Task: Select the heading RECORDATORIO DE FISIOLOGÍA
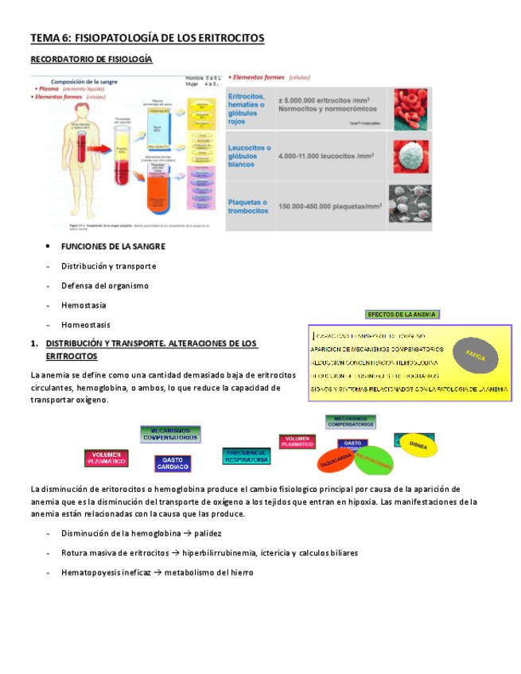[x=91, y=60]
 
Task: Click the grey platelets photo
[x=410, y=203]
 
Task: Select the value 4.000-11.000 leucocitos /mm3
[x=326, y=157]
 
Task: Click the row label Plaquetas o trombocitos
[x=247, y=206]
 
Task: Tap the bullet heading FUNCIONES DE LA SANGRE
[x=113, y=246]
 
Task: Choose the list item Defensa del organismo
[x=105, y=285]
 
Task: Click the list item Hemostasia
[x=84, y=305]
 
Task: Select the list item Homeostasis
[x=86, y=324]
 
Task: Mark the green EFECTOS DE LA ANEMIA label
[x=402, y=314]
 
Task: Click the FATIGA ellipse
[x=476, y=353]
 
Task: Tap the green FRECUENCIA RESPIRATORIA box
[x=247, y=455]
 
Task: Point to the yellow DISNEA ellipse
[x=418, y=444]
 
